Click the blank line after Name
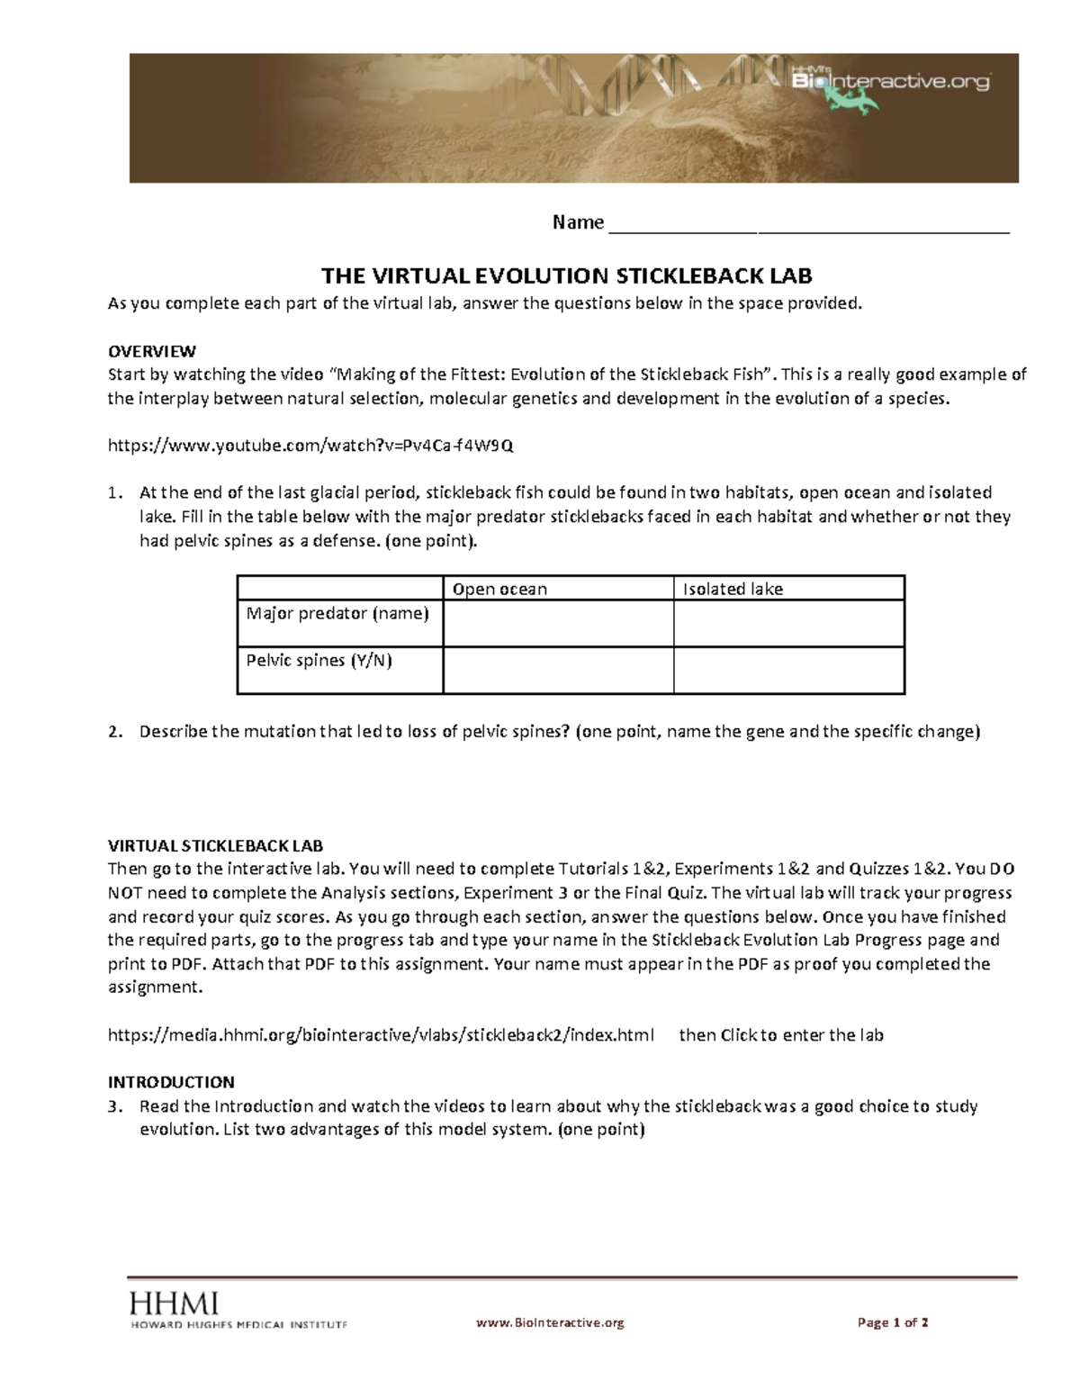tap(809, 224)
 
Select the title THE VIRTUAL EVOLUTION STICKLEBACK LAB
tap(567, 275)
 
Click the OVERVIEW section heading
tap(151, 351)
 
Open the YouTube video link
tap(310, 446)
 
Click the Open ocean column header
tap(499, 590)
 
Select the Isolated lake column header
tap(733, 590)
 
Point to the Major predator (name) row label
tap(337, 614)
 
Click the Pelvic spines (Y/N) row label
tap(319, 661)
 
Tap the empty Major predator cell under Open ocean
tap(558, 623)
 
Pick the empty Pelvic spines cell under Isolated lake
tap(788, 671)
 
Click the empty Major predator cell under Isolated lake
tap(788, 623)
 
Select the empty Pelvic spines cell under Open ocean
tap(558, 671)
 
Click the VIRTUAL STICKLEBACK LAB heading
tap(215, 846)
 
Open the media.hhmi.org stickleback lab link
tap(381, 1035)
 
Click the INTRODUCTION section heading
tap(171, 1082)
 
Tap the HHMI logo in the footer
tap(175, 1303)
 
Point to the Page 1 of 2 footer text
tap(893, 1322)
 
